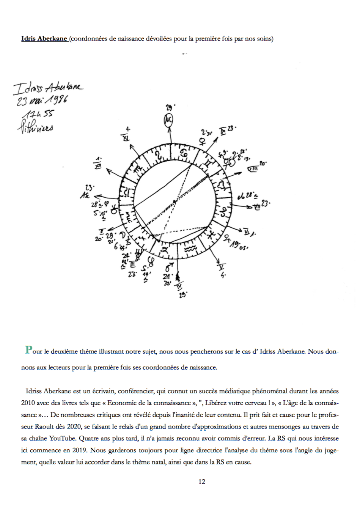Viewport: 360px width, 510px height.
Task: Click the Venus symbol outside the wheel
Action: click(x=203, y=142)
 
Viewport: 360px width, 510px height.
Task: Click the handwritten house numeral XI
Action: click(x=126, y=137)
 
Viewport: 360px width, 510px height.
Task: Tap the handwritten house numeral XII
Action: click(x=98, y=165)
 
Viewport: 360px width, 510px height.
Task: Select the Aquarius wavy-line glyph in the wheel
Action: click(x=190, y=249)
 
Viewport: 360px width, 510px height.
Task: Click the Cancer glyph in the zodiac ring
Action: click(x=184, y=153)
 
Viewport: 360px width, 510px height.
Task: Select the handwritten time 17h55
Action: click(x=38, y=113)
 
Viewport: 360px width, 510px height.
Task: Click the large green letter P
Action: click(x=28, y=349)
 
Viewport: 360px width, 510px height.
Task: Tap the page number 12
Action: click(x=202, y=482)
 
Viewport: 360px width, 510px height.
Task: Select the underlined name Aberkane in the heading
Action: click(x=52, y=38)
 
